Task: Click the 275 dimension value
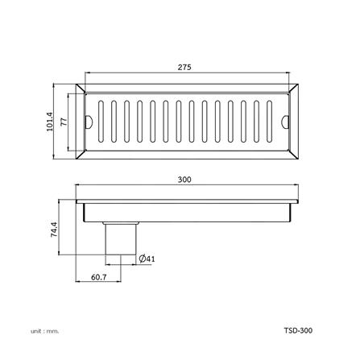tap(184, 67)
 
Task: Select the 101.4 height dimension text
tap(50, 122)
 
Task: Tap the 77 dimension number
tap(64, 122)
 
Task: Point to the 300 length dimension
tap(184, 180)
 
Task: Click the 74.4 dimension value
tap(54, 230)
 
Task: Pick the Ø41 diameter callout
tap(147, 259)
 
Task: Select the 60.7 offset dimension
tap(99, 277)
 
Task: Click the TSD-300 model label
tap(298, 330)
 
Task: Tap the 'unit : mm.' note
tap(44, 331)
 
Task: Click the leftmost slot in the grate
tap(101, 122)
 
